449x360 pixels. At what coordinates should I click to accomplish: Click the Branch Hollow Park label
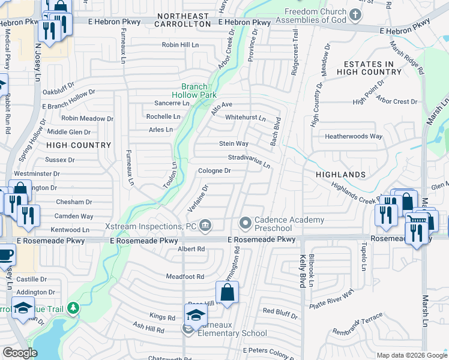[x=193, y=91]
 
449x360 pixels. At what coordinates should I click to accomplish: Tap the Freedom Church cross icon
[x=355, y=14]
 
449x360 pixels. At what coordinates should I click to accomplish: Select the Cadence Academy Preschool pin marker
[x=246, y=224]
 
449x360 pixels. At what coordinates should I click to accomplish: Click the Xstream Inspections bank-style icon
[x=205, y=226]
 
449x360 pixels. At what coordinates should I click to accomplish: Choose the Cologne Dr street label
[x=214, y=170]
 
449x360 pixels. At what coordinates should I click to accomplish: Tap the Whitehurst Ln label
[x=245, y=118]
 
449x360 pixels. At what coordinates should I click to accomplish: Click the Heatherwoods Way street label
[x=353, y=136]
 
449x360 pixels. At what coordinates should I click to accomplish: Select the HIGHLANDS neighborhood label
[x=341, y=175]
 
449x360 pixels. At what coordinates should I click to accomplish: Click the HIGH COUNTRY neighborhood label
[x=79, y=145]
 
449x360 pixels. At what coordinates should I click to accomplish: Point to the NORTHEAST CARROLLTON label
[x=183, y=19]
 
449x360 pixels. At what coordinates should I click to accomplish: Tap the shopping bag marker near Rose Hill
[x=227, y=293]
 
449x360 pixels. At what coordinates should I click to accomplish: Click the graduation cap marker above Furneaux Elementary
[x=196, y=314]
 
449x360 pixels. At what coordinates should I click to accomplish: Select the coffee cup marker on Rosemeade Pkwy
[x=5, y=254]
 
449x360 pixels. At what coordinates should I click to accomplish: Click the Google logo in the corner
[x=20, y=353]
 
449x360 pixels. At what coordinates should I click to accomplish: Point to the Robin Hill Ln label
[x=180, y=45]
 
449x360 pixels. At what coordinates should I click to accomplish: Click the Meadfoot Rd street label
[x=185, y=277]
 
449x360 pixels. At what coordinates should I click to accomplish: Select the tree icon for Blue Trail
[x=73, y=308]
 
